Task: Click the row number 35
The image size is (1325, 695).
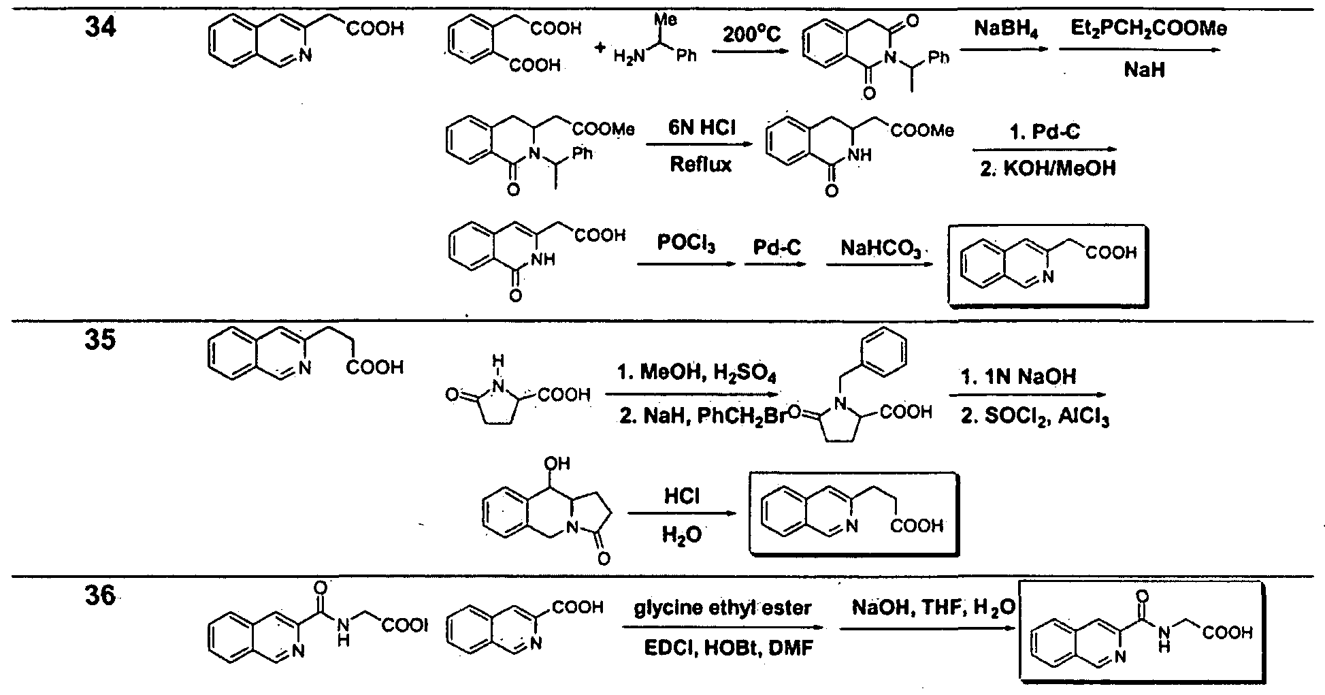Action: (99, 340)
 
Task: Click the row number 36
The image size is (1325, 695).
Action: (99, 600)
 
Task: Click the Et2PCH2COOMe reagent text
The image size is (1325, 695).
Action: (1139, 30)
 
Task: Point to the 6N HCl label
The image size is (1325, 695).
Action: (701, 129)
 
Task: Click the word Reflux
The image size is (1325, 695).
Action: (701, 164)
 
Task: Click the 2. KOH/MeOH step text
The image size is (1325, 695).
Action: (1048, 167)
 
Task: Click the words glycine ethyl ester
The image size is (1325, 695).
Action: (723, 608)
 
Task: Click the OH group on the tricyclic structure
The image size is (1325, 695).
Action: (557, 465)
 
